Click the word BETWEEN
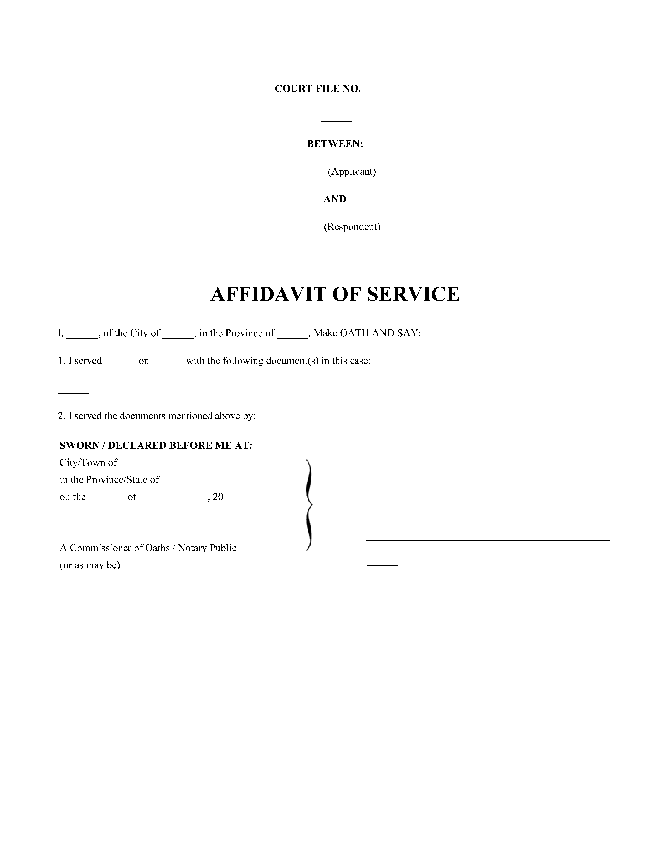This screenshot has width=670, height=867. point(334,144)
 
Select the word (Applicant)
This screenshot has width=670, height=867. point(352,172)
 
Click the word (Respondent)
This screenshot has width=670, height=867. point(352,227)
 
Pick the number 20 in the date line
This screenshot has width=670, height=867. point(218,497)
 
